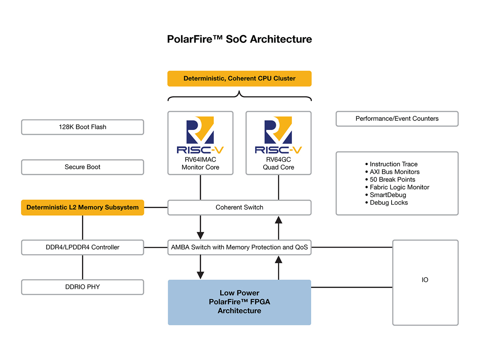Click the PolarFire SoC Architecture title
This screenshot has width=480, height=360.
[239, 39]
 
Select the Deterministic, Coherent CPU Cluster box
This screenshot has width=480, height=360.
[239, 78]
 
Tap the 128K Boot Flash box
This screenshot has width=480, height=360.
[82, 127]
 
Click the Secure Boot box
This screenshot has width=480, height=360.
[82, 167]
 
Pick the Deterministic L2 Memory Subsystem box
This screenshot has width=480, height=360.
[82, 207]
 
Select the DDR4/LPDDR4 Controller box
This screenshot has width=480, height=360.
[82, 247]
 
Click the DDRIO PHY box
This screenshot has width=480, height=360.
[82, 287]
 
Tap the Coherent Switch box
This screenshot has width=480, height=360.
[239, 207]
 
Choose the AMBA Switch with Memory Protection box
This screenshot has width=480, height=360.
[239, 247]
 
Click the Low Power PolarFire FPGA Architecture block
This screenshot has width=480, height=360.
[239, 302]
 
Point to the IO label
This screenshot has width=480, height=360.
[425, 280]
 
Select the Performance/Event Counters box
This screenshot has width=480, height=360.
[397, 119]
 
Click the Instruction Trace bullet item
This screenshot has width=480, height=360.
[393, 164]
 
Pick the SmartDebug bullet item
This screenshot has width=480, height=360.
[388, 195]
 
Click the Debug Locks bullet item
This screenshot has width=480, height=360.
[388, 202]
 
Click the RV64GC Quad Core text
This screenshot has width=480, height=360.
[278, 164]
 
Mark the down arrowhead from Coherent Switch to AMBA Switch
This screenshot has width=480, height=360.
[200, 235]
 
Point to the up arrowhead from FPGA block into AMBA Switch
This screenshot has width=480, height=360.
[279, 259]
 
